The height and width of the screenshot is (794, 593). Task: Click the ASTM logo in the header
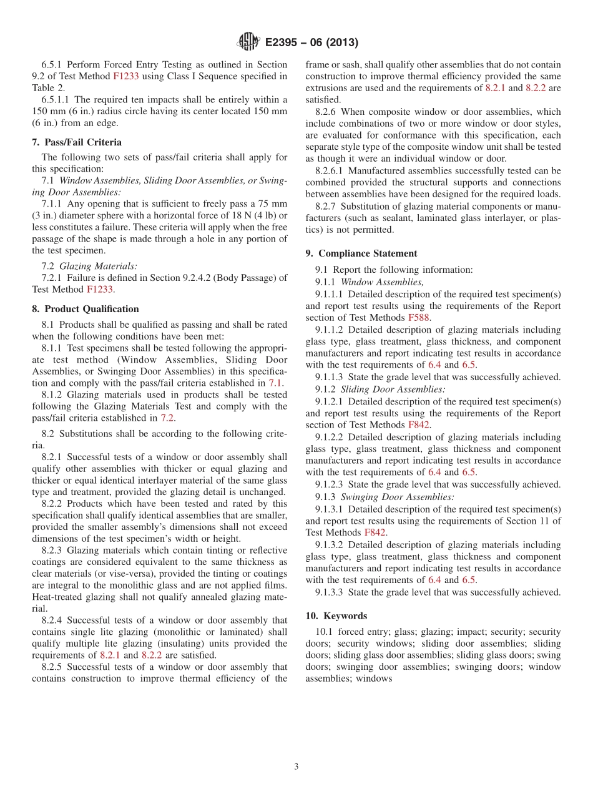point(248,42)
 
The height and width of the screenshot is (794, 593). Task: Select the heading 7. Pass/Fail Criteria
point(77,142)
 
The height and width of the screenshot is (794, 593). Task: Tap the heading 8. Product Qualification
point(86,309)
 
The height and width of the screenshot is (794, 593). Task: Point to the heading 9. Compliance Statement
point(361,253)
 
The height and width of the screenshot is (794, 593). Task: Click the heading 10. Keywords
point(336,615)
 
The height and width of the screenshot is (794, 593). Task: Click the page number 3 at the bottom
point(296,767)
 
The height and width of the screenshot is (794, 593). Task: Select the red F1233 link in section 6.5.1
point(126,76)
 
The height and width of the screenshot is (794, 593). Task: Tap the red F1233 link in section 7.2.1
point(99,289)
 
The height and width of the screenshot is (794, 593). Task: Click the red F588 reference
point(419,318)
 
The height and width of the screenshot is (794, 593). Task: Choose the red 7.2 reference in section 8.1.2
point(167,418)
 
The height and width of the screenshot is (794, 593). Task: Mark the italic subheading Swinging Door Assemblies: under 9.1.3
point(397,497)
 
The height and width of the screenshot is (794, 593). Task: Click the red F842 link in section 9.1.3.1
point(375,532)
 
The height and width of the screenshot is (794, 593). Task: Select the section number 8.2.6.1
point(330,170)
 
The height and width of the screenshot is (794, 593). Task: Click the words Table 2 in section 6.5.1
point(48,88)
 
